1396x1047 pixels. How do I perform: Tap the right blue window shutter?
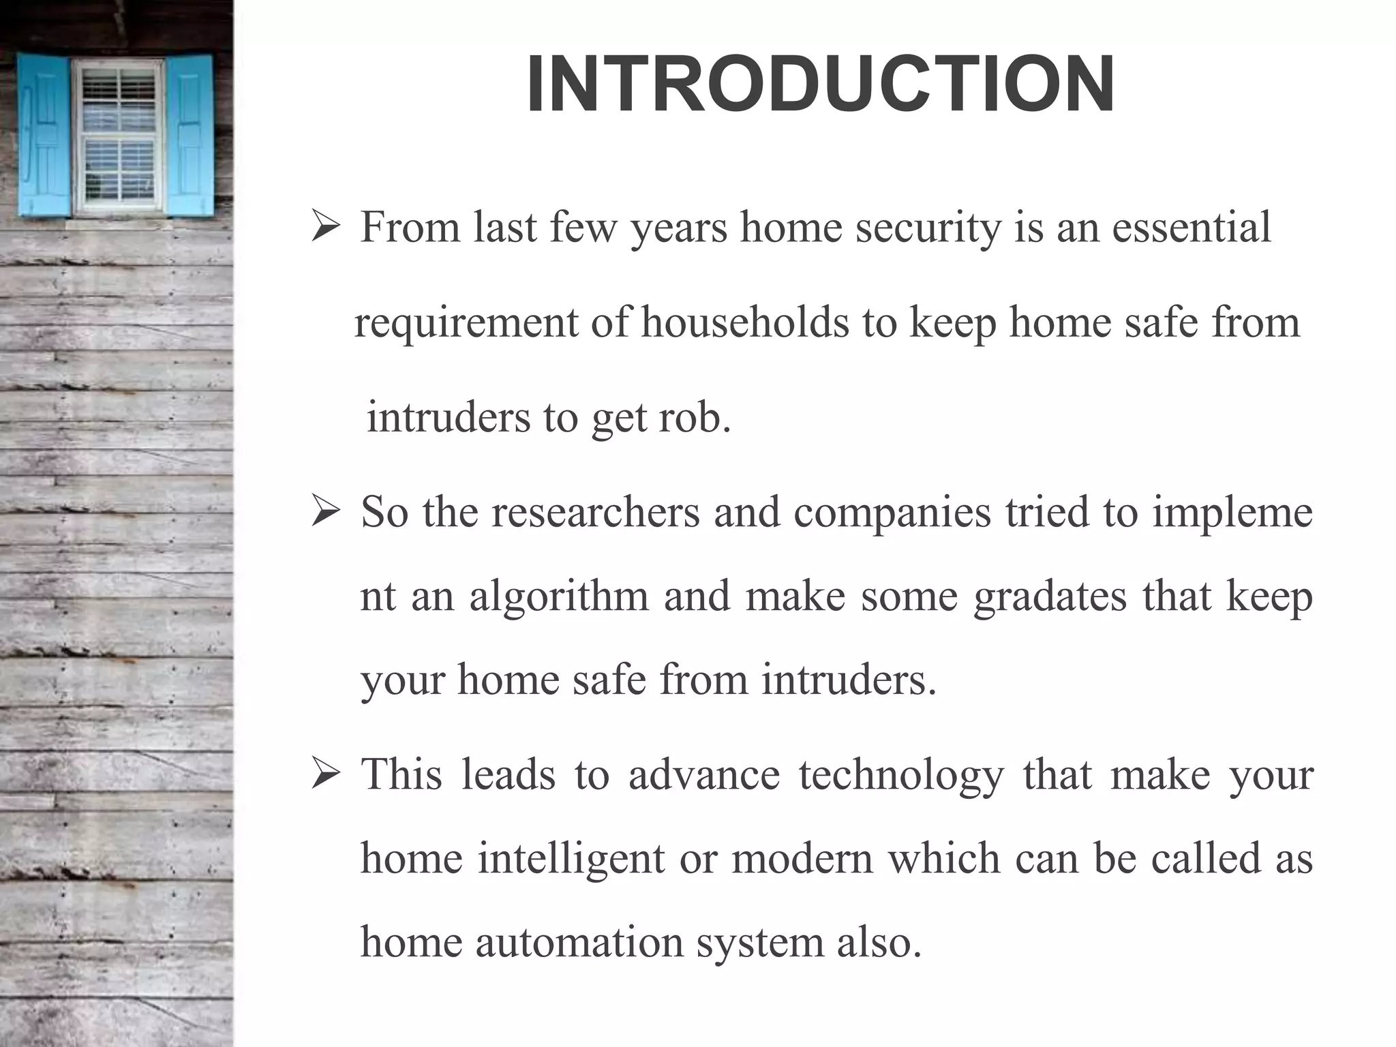[x=189, y=135]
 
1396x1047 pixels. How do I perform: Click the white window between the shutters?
[x=117, y=135]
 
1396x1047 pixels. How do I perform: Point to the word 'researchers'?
[x=595, y=512]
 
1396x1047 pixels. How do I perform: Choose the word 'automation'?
[x=579, y=943]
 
